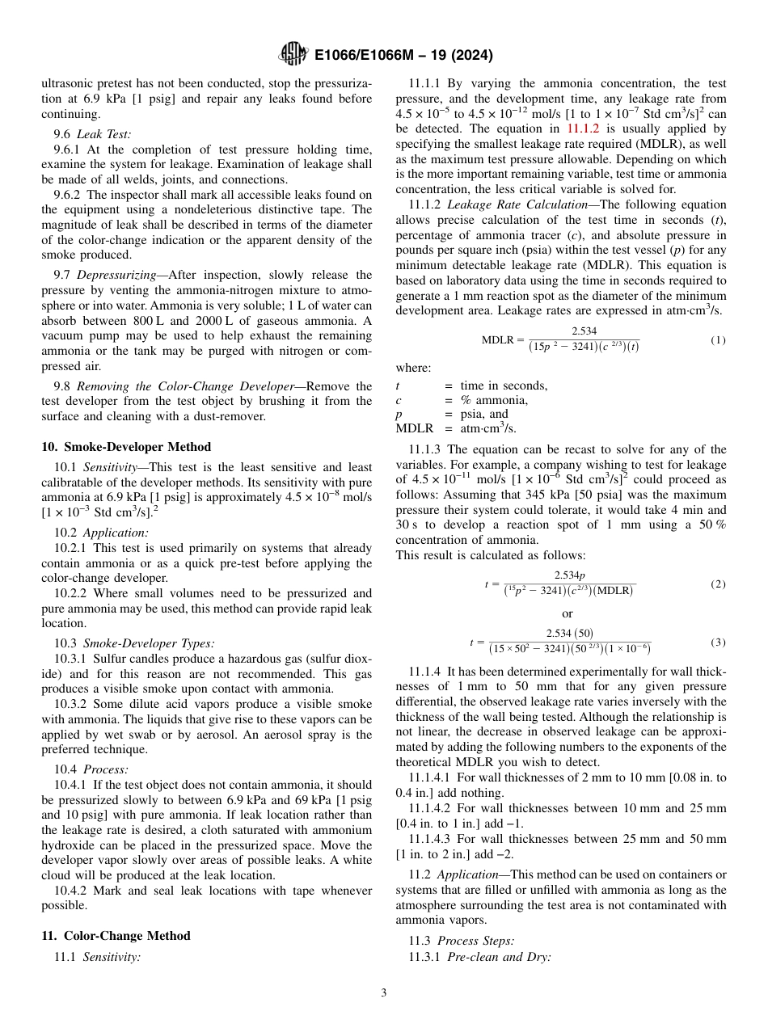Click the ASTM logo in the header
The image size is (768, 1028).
[293, 54]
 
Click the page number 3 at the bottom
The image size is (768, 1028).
[384, 993]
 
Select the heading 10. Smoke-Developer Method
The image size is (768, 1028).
[126, 447]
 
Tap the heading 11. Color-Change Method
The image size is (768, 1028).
[116, 936]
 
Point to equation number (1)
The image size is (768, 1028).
[718, 340]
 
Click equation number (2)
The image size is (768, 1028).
[718, 584]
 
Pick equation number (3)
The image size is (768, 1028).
[718, 642]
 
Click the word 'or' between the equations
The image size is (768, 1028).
[567, 613]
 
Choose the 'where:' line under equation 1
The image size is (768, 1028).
[413, 368]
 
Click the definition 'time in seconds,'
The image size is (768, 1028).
[504, 385]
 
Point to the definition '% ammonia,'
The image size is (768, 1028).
[494, 400]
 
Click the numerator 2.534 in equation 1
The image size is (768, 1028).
[584, 331]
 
